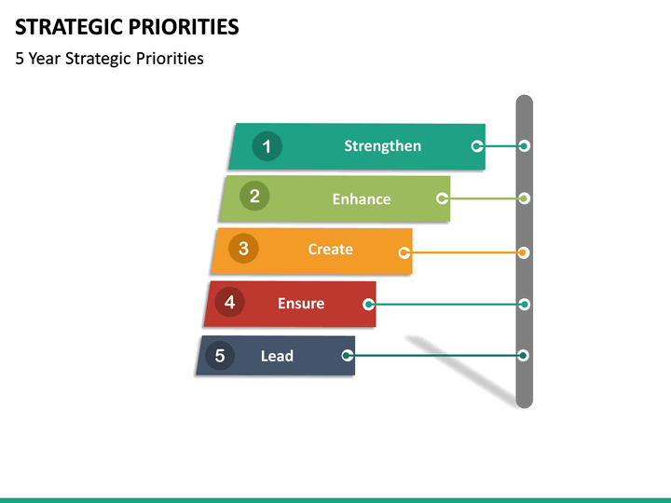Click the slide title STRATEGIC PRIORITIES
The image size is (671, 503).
pyautogui.click(x=127, y=26)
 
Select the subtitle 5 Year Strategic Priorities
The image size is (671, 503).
pyautogui.click(x=109, y=59)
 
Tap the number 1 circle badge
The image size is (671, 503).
pyautogui.click(x=267, y=146)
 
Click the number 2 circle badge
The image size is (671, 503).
pyautogui.click(x=253, y=197)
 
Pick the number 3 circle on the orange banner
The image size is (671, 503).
pyautogui.click(x=243, y=249)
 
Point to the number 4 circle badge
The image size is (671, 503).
pyautogui.click(x=229, y=302)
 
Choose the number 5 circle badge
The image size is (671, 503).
pyautogui.click(x=220, y=355)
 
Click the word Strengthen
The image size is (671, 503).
pyautogui.click(x=382, y=146)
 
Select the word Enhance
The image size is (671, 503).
pyautogui.click(x=362, y=199)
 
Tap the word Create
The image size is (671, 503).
pyautogui.click(x=330, y=250)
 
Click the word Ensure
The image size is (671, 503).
pyautogui.click(x=301, y=304)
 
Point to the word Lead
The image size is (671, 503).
pyautogui.click(x=277, y=356)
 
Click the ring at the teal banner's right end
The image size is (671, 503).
pyautogui.click(x=477, y=146)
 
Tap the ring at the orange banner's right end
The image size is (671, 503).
pyautogui.click(x=404, y=252)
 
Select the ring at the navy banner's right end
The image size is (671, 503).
pyautogui.click(x=348, y=355)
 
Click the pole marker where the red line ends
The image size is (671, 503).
pyautogui.click(x=524, y=304)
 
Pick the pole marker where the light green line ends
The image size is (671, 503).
pyautogui.click(x=524, y=198)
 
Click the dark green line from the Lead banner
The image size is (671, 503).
pyautogui.click(x=433, y=355)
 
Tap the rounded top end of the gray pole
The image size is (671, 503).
pyautogui.click(x=524, y=101)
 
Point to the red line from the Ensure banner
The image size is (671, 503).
pyautogui.click(x=447, y=304)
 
